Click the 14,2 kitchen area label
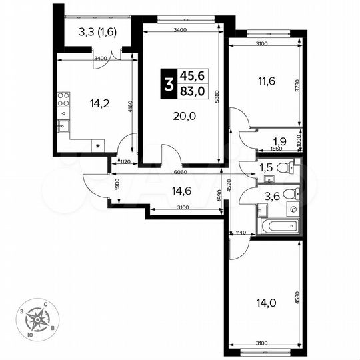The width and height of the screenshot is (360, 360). coord(98,103)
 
